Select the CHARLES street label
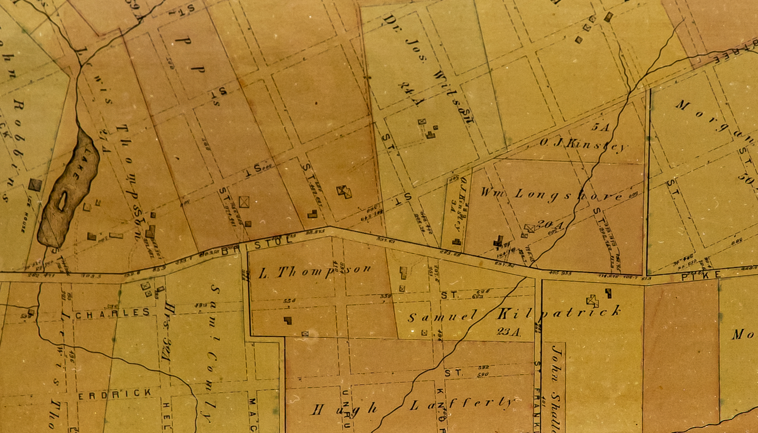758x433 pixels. (x=112, y=313)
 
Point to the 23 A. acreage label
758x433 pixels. (x=508, y=332)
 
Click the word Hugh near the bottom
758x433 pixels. (x=344, y=409)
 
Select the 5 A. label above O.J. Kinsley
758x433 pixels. (x=600, y=127)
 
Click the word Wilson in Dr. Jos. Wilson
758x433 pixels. (x=454, y=97)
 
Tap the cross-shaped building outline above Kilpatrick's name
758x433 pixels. (x=592, y=301)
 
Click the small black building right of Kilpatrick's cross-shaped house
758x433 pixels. (x=608, y=293)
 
